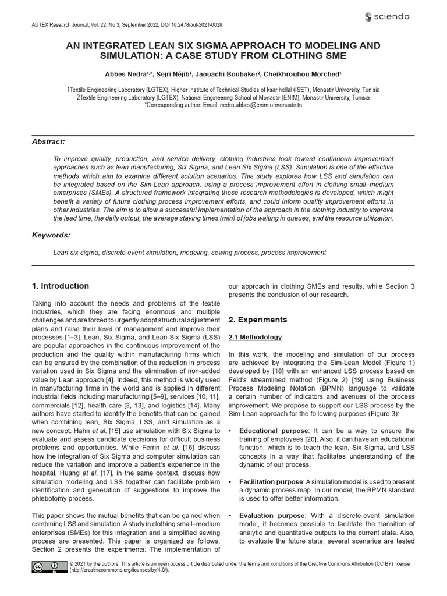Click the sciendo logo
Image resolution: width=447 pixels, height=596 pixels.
[387, 16]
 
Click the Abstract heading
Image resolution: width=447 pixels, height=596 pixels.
[48, 142]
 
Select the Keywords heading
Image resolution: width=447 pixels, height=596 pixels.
[51, 235]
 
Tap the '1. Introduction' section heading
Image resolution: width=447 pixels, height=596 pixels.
[61, 286]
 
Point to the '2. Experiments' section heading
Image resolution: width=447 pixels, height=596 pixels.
[258, 320]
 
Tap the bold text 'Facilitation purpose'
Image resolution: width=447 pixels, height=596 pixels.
[271, 482]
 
